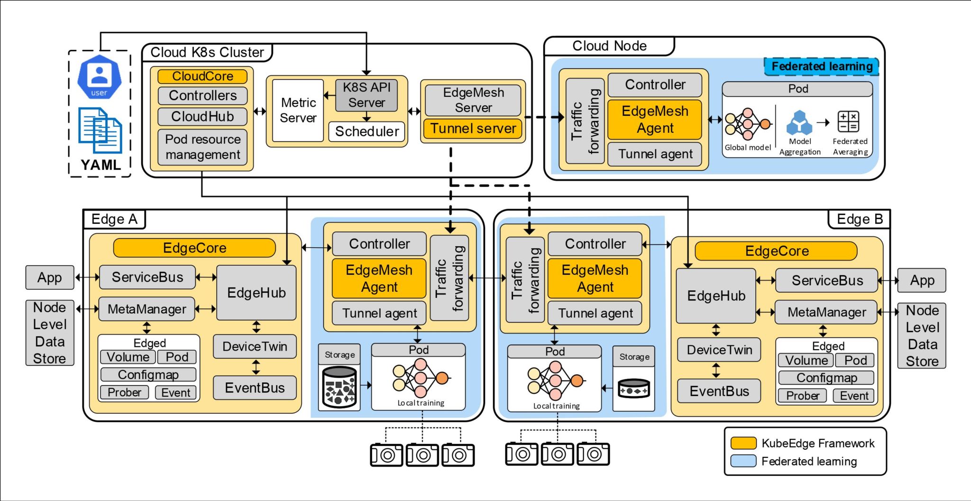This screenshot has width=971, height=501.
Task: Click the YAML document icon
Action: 100,131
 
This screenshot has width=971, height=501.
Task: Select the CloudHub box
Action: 202,116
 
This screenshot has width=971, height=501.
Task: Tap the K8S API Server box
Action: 366,95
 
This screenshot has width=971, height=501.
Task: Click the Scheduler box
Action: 366,131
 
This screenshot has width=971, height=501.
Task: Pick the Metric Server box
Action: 298,110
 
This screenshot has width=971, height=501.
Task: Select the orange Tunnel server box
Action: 473,129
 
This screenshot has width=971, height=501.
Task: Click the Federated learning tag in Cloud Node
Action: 822,66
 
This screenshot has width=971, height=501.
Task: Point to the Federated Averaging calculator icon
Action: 848,121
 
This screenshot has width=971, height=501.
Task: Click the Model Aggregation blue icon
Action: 799,122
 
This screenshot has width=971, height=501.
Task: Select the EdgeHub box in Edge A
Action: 256,293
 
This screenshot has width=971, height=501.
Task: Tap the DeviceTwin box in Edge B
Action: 719,350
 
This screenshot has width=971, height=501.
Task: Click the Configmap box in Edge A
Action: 148,374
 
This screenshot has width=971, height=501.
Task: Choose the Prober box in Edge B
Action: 802,395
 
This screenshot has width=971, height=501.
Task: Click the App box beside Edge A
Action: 50,278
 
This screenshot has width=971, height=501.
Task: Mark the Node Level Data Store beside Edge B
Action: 922,335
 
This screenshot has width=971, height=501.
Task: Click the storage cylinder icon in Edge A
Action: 339,387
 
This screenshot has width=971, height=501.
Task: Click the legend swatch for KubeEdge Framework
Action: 743,443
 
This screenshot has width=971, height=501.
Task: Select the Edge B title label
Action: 859,219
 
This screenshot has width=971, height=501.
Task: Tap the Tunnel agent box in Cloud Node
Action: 655,154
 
